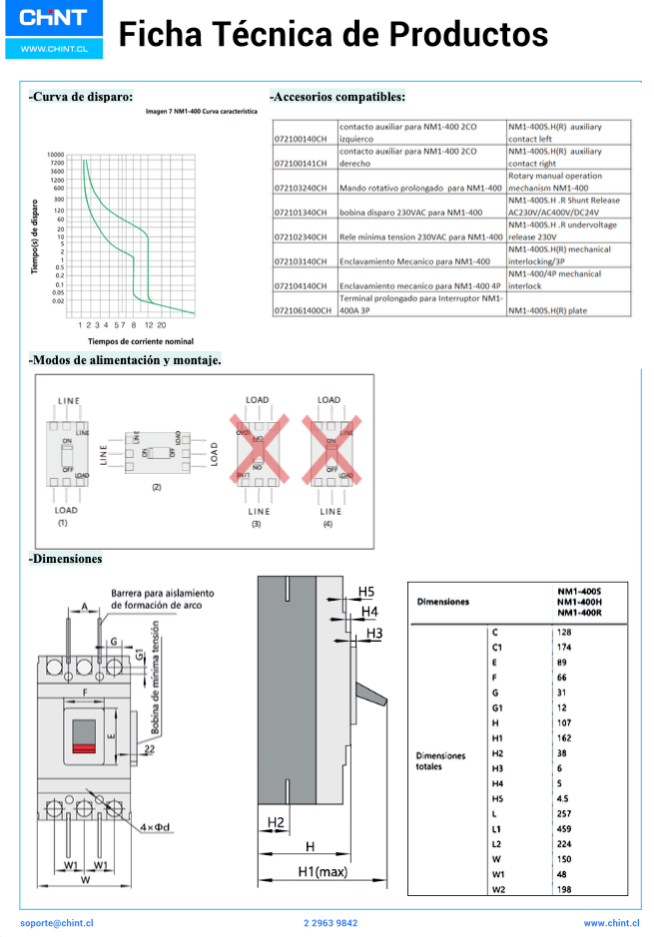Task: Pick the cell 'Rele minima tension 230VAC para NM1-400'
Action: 420,236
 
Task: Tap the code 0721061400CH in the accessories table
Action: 304,310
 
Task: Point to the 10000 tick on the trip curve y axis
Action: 55,155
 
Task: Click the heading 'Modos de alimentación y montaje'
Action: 126,359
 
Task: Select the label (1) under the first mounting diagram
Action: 62,522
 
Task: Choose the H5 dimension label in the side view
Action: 367,592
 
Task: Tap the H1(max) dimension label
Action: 322,872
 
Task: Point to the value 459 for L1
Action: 566,829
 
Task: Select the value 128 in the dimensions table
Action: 566,633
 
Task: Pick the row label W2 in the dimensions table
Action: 497,888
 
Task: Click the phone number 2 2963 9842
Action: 329,923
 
